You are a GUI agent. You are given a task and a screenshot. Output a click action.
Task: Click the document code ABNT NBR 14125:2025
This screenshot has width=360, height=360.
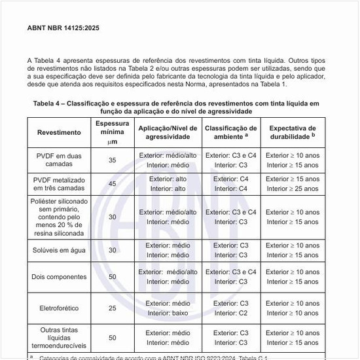point(63,28)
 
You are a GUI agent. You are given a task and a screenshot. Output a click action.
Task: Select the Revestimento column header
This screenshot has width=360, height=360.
point(59,132)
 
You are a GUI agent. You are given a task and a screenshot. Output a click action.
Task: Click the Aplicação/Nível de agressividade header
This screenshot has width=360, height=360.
point(168,132)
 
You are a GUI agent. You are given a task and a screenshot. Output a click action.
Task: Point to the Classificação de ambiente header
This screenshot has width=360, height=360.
point(231,132)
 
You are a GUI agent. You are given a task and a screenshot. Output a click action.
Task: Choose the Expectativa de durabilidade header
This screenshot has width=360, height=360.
point(293,132)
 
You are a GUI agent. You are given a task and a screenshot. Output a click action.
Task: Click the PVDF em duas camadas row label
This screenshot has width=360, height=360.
point(59,160)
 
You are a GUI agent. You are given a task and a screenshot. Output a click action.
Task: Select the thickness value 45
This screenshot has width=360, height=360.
point(112,184)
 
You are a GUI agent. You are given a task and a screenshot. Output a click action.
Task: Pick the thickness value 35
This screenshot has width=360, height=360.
point(112,160)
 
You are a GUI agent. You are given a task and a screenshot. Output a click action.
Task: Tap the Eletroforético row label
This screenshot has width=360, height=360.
point(59,308)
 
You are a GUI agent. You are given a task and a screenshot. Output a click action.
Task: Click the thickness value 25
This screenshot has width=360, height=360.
point(112,308)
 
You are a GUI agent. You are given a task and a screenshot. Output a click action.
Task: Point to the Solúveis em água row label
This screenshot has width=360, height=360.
point(59,250)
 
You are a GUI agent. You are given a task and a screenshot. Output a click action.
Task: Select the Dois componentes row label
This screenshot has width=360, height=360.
point(59,277)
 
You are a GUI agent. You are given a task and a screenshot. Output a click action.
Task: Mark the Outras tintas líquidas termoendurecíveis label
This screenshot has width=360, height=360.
point(59,338)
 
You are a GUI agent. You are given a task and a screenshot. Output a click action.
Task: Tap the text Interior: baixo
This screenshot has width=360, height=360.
point(168,313)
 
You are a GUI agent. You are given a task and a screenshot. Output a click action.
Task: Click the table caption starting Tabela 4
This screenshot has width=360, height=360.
point(177,107)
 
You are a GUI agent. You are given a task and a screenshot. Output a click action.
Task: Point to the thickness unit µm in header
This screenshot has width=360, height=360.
point(112,141)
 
